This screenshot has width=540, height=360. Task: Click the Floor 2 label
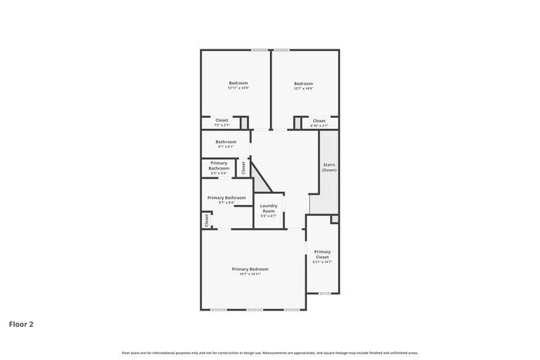click(22, 325)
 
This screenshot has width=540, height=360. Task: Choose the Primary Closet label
click(322, 254)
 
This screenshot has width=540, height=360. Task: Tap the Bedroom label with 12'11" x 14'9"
click(238, 82)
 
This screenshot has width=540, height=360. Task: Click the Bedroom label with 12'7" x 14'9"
click(303, 82)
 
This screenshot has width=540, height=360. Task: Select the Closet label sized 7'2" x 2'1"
click(221, 119)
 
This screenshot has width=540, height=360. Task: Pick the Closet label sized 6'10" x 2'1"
click(319, 120)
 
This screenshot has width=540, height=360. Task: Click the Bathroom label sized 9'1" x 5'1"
click(226, 141)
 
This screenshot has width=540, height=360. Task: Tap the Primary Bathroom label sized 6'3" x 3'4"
click(219, 166)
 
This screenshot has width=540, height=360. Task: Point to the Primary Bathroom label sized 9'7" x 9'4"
click(226, 197)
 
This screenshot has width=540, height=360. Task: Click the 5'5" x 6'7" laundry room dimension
click(268, 216)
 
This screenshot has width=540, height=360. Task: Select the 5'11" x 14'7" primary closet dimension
click(322, 262)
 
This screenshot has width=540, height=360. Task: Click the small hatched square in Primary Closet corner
click(334, 220)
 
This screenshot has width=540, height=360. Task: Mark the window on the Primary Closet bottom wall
click(325, 293)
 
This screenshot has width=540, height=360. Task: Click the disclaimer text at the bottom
click(269, 352)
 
